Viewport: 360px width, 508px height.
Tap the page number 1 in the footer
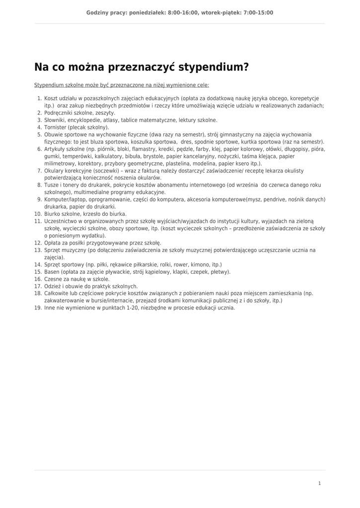pos(320,483)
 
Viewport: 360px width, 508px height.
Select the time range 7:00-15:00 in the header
pos(258,13)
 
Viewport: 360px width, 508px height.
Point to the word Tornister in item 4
pos(55,127)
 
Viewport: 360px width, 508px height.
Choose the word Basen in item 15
pos(52,272)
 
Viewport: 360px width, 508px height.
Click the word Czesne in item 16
pos(53,279)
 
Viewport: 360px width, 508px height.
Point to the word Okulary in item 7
pos(54,171)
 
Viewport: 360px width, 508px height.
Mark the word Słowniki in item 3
pos(55,120)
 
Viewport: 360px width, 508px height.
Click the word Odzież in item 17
pos(53,286)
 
